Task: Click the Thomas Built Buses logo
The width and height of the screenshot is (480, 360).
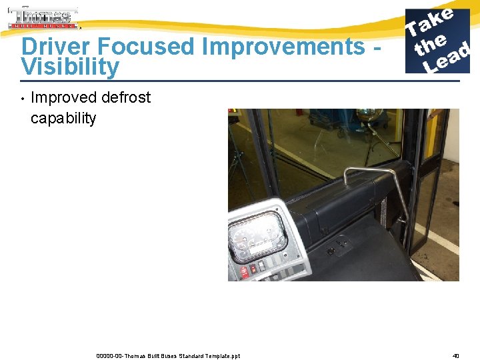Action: coord(43,18)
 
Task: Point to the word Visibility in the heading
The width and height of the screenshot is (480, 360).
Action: coord(70,67)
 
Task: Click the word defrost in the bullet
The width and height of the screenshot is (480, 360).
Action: coord(126,97)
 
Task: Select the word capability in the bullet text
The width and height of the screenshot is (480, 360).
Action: coord(63,118)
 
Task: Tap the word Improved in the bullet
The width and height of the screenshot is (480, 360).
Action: coord(64,97)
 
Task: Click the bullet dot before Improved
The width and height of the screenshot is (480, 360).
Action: coord(22,99)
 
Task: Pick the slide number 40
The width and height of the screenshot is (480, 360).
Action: coord(455,355)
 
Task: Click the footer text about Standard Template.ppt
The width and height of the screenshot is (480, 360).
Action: coord(168,355)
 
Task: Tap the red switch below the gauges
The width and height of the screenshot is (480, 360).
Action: coord(245,271)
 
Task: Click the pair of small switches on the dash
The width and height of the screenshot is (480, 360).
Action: coord(329,252)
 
